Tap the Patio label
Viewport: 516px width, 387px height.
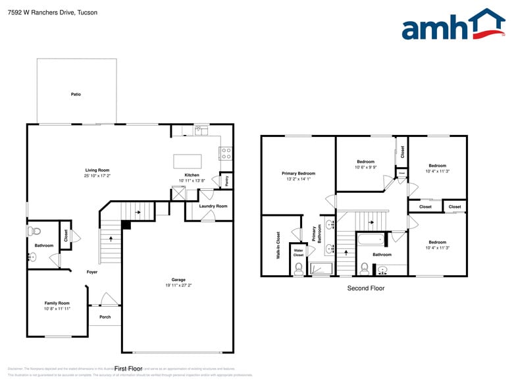[x=76, y=95]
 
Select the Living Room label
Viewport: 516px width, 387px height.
[x=97, y=170]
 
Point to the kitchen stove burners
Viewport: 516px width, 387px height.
[x=226, y=153]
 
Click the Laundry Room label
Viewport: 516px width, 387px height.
[x=213, y=206]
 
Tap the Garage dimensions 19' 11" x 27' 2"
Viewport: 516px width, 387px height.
[x=178, y=286]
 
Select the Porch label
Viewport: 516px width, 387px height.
[x=105, y=317]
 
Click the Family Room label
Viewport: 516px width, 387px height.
[x=57, y=303]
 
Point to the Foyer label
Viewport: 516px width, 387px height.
[x=92, y=272]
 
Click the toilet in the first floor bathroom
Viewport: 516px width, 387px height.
[x=35, y=231]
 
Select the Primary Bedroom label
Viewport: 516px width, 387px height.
[x=298, y=173]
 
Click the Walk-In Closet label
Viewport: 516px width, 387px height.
[x=278, y=244]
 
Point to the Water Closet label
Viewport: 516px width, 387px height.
[x=298, y=252]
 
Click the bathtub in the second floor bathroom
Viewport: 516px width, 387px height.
[x=373, y=240]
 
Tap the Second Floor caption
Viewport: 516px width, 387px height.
[x=365, y=288]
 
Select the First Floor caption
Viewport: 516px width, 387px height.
[x=128, y=369]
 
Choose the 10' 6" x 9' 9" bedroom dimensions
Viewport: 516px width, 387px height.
[x=365, y=167]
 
